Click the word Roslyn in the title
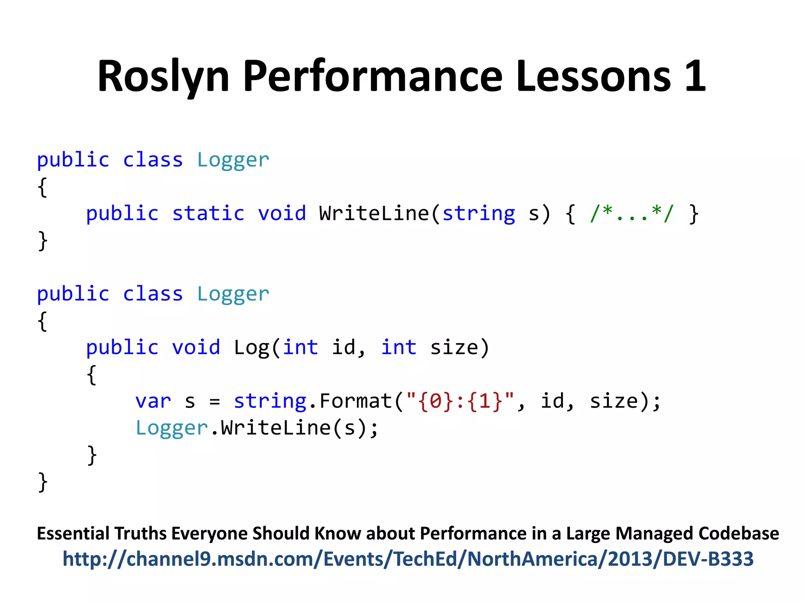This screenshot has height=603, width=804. (x=163, y=77)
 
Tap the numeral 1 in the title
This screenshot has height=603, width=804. (x=695, y=77)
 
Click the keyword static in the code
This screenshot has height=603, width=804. (x=208, y=214)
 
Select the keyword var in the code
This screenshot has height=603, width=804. (x=153, y=401)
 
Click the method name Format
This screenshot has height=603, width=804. (x=355, y=401)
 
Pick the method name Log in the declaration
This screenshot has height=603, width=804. (x=251, y=348)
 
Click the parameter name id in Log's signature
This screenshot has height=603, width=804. (x=344, y=348)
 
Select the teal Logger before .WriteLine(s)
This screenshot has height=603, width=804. (x=171, y=428)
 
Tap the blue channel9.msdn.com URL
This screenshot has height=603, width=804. (x=408, y=559)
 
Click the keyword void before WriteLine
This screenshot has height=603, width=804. (x=281, y=214)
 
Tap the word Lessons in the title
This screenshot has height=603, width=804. (x=593, y=77)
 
